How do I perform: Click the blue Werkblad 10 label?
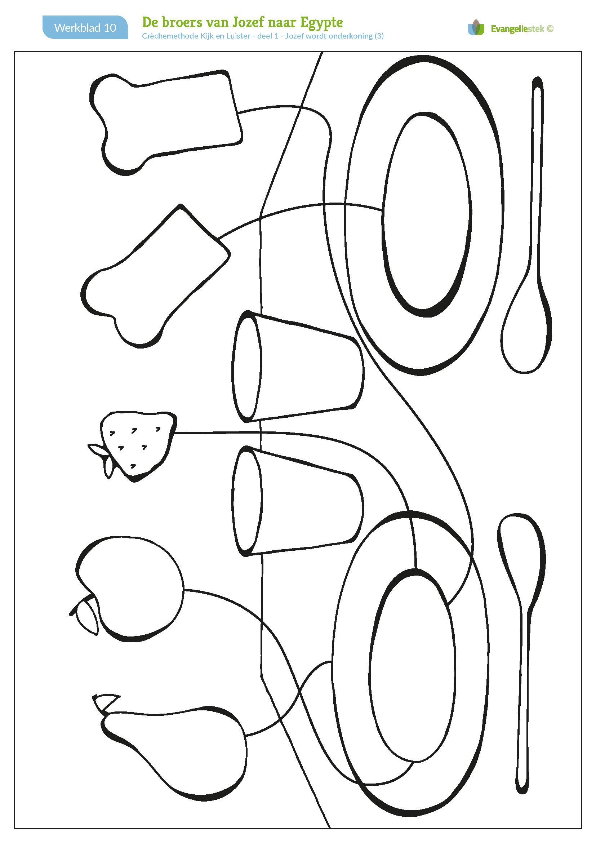tap(85, 27)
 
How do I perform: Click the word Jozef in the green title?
tap(248, 22)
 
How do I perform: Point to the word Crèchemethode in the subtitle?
tap(170, 36)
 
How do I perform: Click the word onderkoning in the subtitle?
tap(351, 36)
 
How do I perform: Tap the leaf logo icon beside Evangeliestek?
tap(476, 27)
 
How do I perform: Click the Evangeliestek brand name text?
tap(517, 28)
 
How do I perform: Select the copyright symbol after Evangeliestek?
tap(550, 28)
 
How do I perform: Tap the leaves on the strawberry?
tap(101, 457)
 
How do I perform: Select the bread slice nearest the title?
tap(165, 121)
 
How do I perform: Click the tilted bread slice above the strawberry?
tap(154, 275)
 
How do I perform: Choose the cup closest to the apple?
tap(297, 501)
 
